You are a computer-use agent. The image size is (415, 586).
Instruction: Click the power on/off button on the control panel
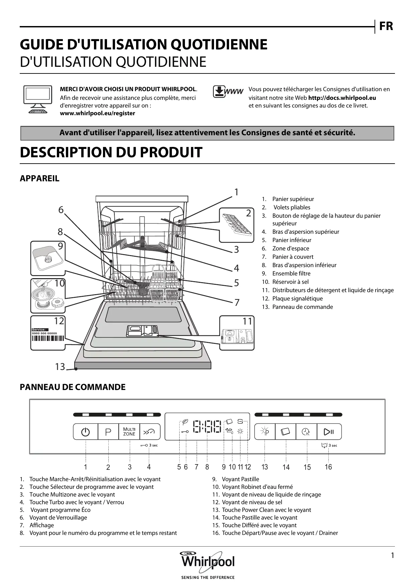coord(86,432)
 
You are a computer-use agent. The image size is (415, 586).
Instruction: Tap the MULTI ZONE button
coord(129,432)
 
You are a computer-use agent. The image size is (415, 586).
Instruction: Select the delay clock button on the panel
coord(306,432)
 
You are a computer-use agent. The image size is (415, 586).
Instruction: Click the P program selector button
coord(108,432)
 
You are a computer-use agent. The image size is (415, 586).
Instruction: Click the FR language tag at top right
coord(386,26)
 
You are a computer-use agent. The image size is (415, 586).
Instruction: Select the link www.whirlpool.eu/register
coord(97,113)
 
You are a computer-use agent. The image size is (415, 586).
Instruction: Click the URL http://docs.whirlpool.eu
coord(342,98)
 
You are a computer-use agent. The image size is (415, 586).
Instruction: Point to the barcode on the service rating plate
coord(48,338)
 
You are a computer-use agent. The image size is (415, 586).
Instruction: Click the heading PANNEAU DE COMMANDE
coord(73,387)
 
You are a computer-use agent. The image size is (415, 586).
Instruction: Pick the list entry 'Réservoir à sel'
coord(290,282)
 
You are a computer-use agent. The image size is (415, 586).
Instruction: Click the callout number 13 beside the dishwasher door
coord(60,367)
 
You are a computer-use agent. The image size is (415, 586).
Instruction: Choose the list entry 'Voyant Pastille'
coord(240,479)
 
